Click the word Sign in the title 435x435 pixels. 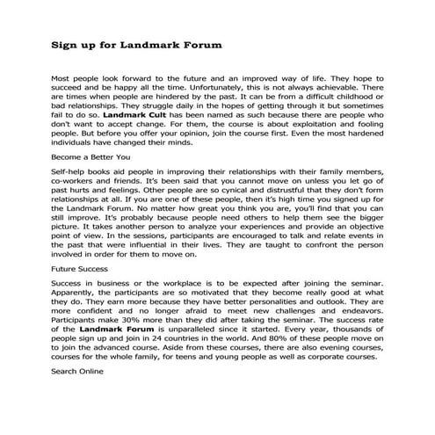click(x=65, y=42)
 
